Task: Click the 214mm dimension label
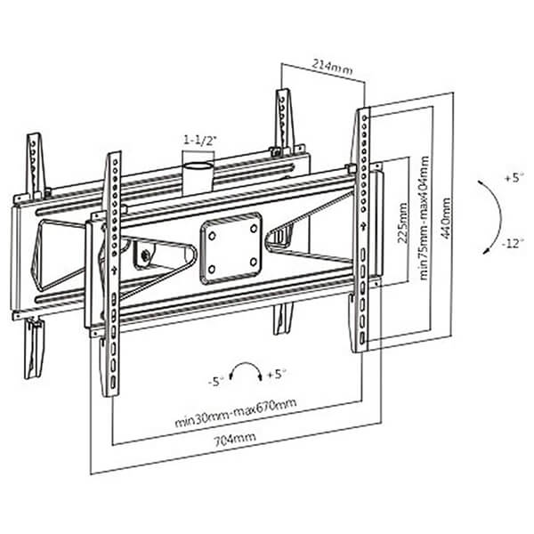tap(332, 67)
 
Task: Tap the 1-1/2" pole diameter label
tap(200, 141)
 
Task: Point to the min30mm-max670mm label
tap(235, 413)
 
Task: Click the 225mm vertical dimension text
tap(402, 222)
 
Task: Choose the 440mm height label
tap(446, 219)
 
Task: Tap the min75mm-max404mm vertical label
tap(424, 218)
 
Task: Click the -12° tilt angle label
tap(512, 244)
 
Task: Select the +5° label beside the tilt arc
tap(514, 178)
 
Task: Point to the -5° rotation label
tap(216, 382)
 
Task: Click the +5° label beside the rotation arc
tap(277, 375)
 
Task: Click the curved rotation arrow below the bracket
tap(246, 364)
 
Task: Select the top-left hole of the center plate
tap(212, 235)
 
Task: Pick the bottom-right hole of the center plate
tap(254, 262)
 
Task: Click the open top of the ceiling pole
tap(199, 166)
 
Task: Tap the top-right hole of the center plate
tap(254, 228)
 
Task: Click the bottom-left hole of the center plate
tap(212, 270)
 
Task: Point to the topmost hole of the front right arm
tap(364, 117)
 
